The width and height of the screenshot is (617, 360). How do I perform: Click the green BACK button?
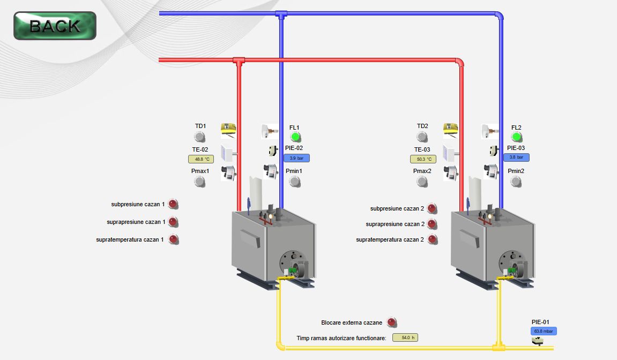tap(55, 26)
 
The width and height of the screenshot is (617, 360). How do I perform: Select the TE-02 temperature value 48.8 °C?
tap(201, 159)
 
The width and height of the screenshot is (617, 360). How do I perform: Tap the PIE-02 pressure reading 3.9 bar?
tap(296, 158)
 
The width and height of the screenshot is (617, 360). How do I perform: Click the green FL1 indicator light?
tap(295, 137)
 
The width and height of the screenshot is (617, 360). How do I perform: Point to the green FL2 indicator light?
tap(516, 137)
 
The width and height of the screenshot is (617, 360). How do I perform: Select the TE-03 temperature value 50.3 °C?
tap(423, 159)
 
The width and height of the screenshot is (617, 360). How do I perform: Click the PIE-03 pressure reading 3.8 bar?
tap(516, 157)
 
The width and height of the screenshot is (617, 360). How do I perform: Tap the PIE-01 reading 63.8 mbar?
tap(544, 331)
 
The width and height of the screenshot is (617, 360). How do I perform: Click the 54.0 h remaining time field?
tap(405, 337)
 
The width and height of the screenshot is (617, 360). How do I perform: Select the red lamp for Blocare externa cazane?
tap(392, 322)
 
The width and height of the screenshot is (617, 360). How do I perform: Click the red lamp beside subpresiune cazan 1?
tap(173, 204)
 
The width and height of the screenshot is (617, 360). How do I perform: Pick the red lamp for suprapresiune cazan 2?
tap(432, 224)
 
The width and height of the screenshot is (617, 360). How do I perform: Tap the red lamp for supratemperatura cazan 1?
tap(173, 239)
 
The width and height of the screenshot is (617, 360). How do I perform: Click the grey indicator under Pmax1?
tap(200, 182)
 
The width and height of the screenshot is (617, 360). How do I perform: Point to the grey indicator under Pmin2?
tap(516, 182)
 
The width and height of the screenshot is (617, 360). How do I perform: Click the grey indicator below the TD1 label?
tap(200, 137)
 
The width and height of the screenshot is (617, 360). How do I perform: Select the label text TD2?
tap(422, 126)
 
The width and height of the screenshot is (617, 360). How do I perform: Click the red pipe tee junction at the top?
tap(239, 61)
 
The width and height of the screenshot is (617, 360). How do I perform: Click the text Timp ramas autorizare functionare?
tap(341, 338)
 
